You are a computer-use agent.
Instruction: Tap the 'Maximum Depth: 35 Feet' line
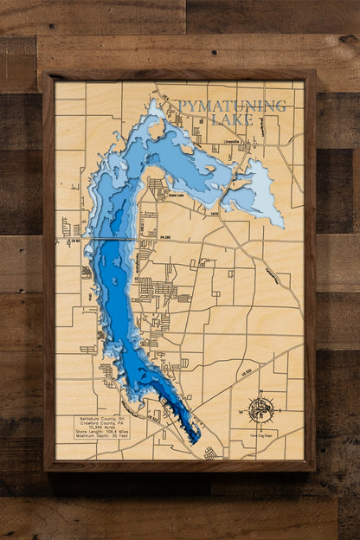101,439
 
